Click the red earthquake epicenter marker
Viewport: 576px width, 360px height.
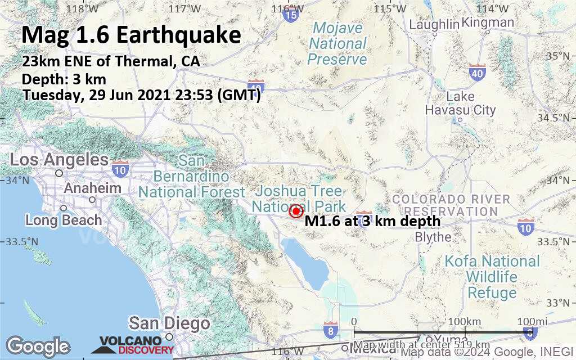point(296,211)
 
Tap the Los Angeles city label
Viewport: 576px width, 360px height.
point(59,160)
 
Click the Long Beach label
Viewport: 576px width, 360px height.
point(64,220)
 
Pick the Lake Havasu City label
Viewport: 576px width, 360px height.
point(460,103)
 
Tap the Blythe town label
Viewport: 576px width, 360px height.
point(433,237)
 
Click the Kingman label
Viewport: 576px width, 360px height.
point(488,22)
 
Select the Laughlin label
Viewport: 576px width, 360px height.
point(434,24)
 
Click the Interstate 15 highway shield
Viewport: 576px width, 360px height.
point(290,15)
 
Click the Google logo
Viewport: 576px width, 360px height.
point(38,346)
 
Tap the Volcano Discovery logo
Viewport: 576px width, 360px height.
point(137,345)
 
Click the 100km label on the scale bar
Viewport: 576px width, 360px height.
point(467,321)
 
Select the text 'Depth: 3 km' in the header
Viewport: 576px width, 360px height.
point(64,79)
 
